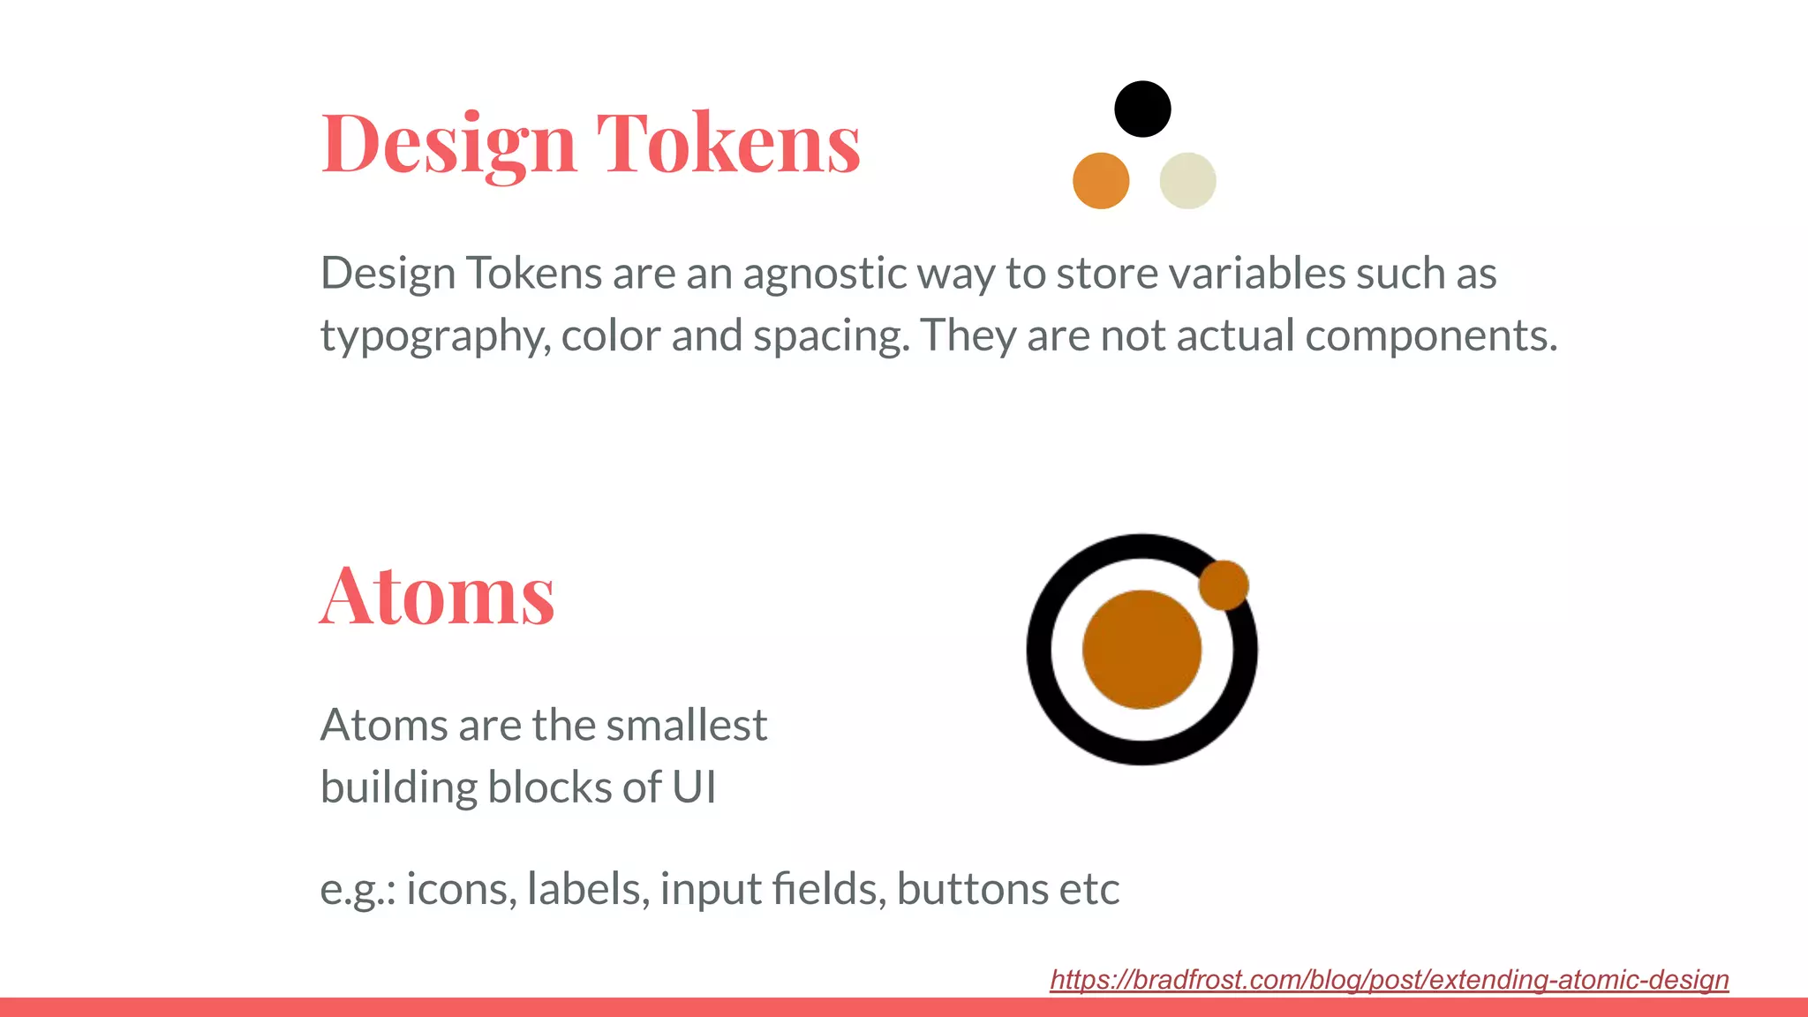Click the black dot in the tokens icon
coord(1142,109)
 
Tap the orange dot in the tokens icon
coord(1101,181)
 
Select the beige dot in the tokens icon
coord(1187,181)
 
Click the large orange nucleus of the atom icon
coord(1141,650)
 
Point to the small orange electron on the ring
coord(1224,584)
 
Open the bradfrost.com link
coord(1389,979)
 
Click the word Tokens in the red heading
coord(728,142)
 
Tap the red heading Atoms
coord(437,596)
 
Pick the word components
coord(1430,336)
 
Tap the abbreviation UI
coord(694,787)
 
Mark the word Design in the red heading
coord(448,144)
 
